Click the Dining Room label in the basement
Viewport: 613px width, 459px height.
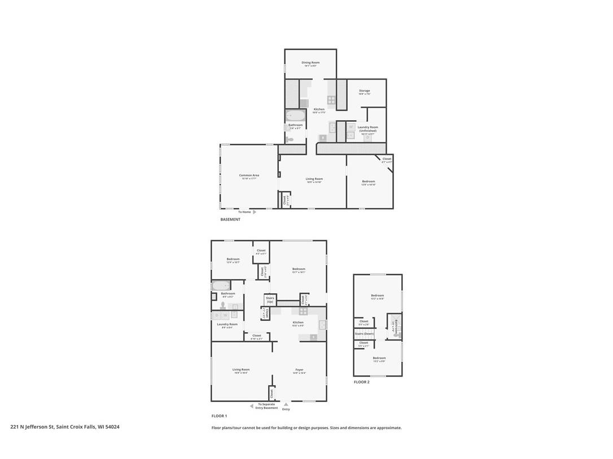pos(310,63)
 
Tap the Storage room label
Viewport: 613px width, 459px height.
pos(365,91)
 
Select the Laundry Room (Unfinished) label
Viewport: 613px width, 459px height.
pos(367,129)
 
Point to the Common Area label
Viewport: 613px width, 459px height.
pos(249,175)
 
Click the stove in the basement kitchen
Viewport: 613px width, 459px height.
pos(331,100)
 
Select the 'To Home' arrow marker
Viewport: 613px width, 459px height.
pos(255,212)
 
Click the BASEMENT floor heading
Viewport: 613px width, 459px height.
pos(230,219)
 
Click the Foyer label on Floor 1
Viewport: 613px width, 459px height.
pos(299,370)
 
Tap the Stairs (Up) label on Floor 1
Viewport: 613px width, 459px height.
pos(270,299)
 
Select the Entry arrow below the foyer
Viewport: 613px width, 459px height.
pos(286,404)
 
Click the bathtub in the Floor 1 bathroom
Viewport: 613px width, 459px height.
pos(221,286)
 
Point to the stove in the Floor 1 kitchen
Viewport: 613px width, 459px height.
pos(304,311)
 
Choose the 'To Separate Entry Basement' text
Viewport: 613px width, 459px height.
pos(268,405)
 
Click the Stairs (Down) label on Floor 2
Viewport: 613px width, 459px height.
pos(364,333)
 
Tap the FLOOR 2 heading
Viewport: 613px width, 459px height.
pos(362,382)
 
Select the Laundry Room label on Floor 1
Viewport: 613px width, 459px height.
pos(227,324)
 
